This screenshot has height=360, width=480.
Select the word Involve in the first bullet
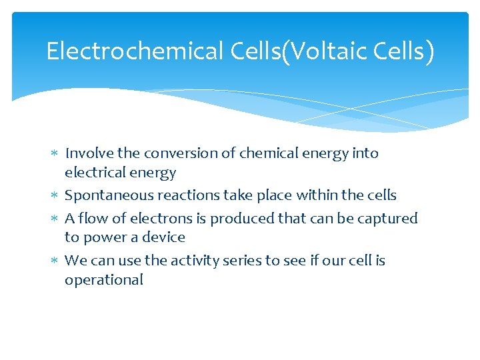point(89,153)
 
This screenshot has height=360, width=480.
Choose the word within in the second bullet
point(316,195)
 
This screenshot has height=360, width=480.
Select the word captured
point(391,218)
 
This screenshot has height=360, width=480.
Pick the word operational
point(104,279)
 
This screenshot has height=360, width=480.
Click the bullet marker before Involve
point(55,154)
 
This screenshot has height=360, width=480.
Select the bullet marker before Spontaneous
point(55,196)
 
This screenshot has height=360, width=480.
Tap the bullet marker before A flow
point(55,219)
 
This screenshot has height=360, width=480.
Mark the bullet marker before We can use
point(55,261)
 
